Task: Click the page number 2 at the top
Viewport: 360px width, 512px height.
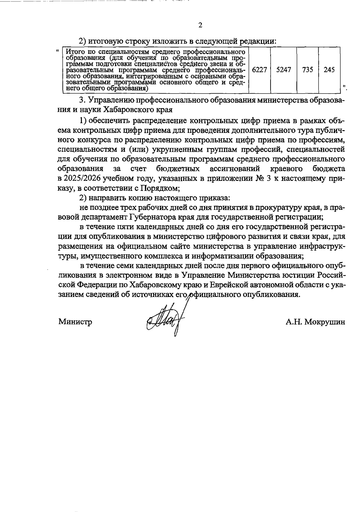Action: click(x=200, y=25)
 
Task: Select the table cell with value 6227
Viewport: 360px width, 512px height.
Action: click(x=259, y=70)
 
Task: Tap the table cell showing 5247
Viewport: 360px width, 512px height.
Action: click(x=283, y=70)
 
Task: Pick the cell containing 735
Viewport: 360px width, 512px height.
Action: click(x=307, y=70)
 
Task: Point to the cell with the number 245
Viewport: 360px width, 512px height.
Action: click(x=329, y=70)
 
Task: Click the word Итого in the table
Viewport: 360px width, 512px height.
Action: click(x=73, y=51)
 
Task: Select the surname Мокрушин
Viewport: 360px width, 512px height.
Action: click(x=324, y=322)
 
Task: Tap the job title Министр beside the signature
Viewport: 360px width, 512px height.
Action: click(x=75, y=322)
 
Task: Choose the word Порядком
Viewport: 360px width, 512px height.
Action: click(x=159, y=188)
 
